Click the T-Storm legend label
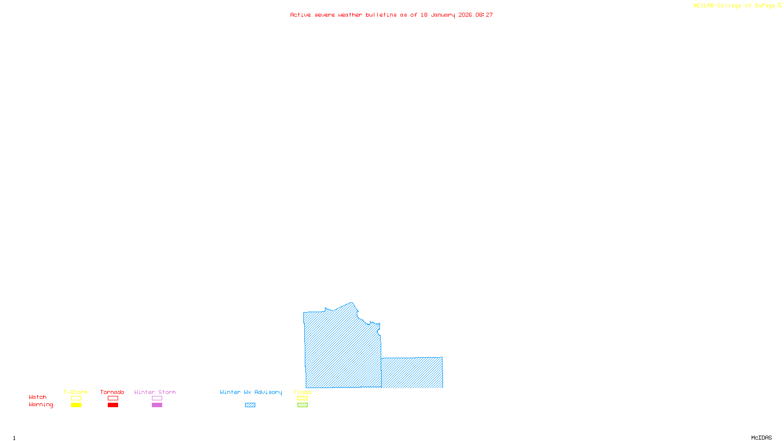tap(75, 392)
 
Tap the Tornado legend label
tap(112, 392)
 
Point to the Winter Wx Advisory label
tap(251, 392)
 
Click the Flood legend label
tap(302, 392)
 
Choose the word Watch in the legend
tap(38, 397)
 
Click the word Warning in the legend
tap(41, 405)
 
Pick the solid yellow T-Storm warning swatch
tap(76, 405)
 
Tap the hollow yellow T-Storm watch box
tap(76, 398)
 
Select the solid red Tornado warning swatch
tap(113, 405)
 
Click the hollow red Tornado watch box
tap(113, 398)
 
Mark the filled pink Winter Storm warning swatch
tap(157, 405)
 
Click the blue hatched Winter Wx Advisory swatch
tap(250, 405)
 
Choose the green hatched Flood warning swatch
tap(302, 405)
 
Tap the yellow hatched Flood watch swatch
tap(302, 398)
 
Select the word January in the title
tap(443, 15)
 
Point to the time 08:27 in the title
tap(484, 15)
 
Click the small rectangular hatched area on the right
tap(412, 372)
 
